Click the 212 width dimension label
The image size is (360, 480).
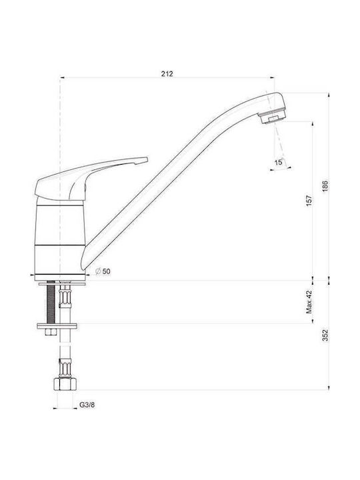pyautogui.click(x=167, y=74)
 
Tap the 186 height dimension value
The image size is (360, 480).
pyautogui.click(x=325, y=186)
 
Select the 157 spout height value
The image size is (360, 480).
pyautogui.click(x=309, y=201)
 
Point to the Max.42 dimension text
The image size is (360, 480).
pyautogui.click(x=309, y=302)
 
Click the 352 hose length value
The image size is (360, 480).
pyautogui.click(x=325, y=335)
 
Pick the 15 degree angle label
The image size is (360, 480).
pyautogui.click(x=279, y=162)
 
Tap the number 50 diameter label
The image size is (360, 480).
pyautogui.click(x=107, y=271)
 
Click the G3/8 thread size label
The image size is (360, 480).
pyautogui.click(x=87, y=405)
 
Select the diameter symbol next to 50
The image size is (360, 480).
pyautogui.click(x=98, y=271)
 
